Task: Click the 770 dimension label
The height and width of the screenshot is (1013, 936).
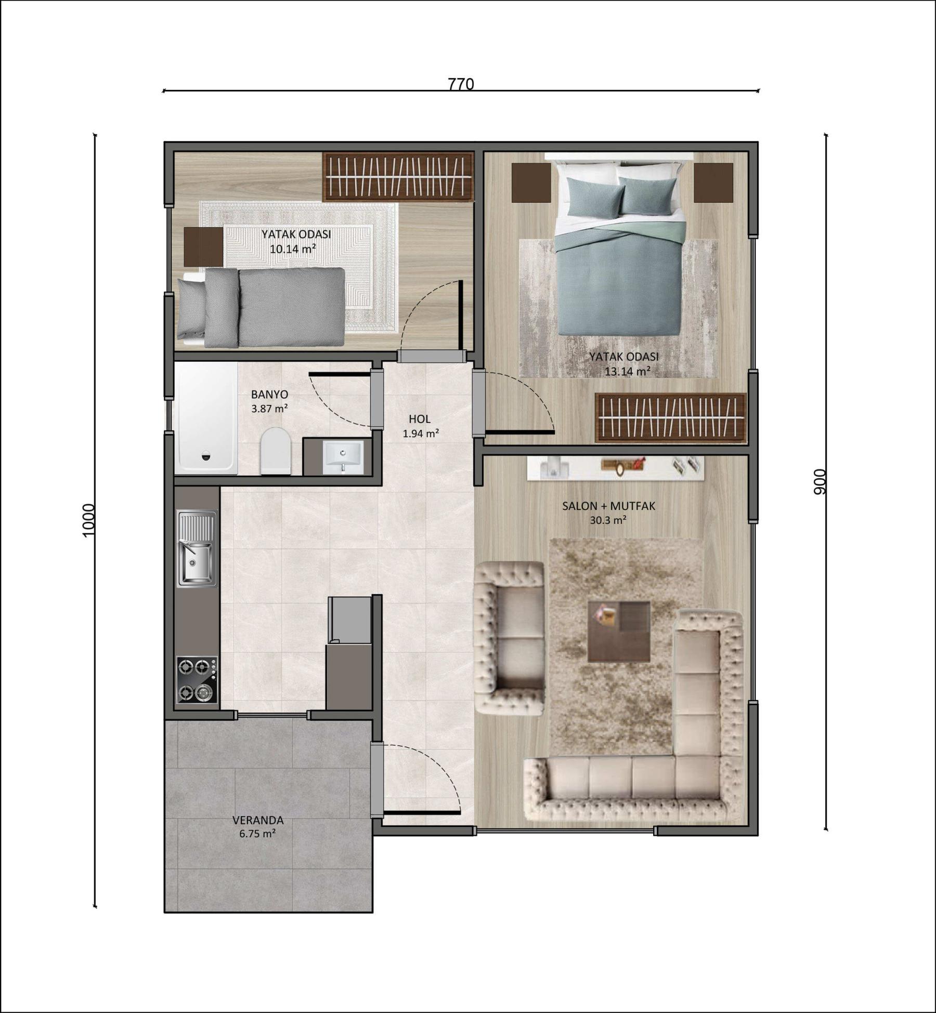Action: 461,84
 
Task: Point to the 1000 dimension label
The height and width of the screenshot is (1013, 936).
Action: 89,520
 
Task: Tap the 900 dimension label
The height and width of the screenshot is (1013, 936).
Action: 819,481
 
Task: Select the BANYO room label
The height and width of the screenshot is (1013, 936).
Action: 269,394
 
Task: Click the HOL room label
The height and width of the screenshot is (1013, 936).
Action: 420,419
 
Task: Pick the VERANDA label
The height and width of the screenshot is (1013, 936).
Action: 258,820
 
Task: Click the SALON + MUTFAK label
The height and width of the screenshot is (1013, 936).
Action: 608,506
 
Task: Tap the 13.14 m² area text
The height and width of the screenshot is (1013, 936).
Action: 628,371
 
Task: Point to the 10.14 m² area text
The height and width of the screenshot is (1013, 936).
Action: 293,248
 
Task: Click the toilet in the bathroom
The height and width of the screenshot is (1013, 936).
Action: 276,451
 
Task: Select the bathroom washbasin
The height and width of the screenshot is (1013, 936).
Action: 343,457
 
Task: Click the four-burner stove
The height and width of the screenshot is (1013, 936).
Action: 197,680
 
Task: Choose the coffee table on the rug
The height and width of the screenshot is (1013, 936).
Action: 619,632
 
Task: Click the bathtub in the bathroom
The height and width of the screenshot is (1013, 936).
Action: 206,418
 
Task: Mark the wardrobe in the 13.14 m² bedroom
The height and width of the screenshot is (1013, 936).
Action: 671,418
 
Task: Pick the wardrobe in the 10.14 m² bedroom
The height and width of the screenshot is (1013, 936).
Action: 398,177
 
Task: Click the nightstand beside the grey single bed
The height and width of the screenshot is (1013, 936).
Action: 203,247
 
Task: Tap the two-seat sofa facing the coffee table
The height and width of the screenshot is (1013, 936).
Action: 509,638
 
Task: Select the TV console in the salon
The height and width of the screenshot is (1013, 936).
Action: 616,468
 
